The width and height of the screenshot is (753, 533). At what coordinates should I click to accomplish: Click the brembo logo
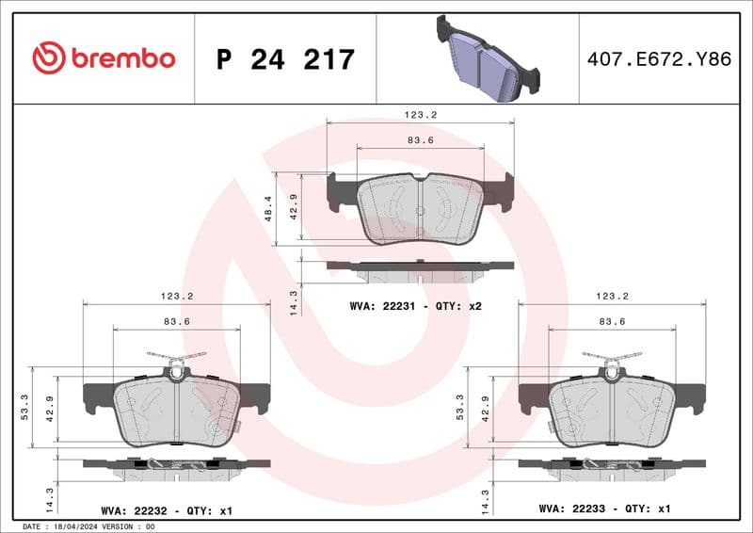(x=104, y=58)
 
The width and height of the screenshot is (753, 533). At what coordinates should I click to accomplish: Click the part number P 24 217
(x=285, y=59)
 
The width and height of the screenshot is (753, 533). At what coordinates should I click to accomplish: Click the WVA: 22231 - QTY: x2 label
(x=415, y=306)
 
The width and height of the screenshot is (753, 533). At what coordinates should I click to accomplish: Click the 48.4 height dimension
(x=268, y=209)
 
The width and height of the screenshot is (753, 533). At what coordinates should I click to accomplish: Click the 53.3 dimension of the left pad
(x=25, y=405)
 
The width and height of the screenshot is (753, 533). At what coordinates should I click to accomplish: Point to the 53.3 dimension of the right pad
(x=460, y=405)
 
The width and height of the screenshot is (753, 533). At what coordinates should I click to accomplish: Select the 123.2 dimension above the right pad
(x=612, y=295)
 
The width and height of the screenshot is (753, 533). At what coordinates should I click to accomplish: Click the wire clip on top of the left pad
(x=177, y=358)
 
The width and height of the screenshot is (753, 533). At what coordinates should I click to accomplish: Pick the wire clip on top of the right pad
(x=612, y=358)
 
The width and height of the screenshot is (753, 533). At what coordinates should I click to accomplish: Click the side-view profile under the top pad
(x=420, y=268)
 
